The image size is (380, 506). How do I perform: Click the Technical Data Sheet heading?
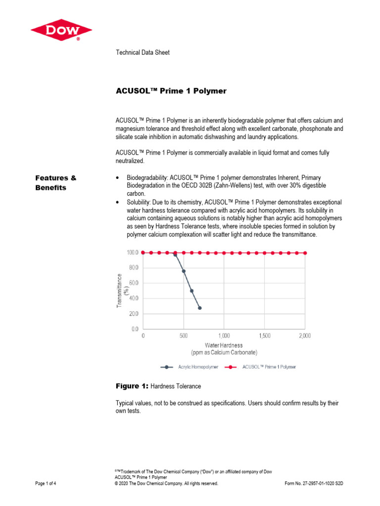pos(142,52)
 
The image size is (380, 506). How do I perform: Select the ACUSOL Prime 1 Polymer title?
pos(171,91)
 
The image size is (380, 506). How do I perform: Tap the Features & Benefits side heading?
pos(55,182)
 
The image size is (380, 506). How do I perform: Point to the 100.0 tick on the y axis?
pos(132,253)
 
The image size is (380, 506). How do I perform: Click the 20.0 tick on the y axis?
pos(133,313)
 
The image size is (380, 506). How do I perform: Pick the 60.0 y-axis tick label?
pos(133,283)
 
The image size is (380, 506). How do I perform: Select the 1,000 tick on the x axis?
pos(224,336)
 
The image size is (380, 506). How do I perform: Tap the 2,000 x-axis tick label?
pos(304,336)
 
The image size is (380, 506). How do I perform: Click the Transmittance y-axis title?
pos(122,292)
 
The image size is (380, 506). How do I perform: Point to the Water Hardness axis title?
pos(224,345)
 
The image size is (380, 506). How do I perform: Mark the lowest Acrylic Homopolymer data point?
pos(200,308)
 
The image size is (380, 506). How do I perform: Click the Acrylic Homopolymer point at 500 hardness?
pos(184,271)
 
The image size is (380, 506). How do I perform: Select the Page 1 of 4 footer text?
pos(46,484)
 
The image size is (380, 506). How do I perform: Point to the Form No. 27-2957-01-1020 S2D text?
pos(314,484)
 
